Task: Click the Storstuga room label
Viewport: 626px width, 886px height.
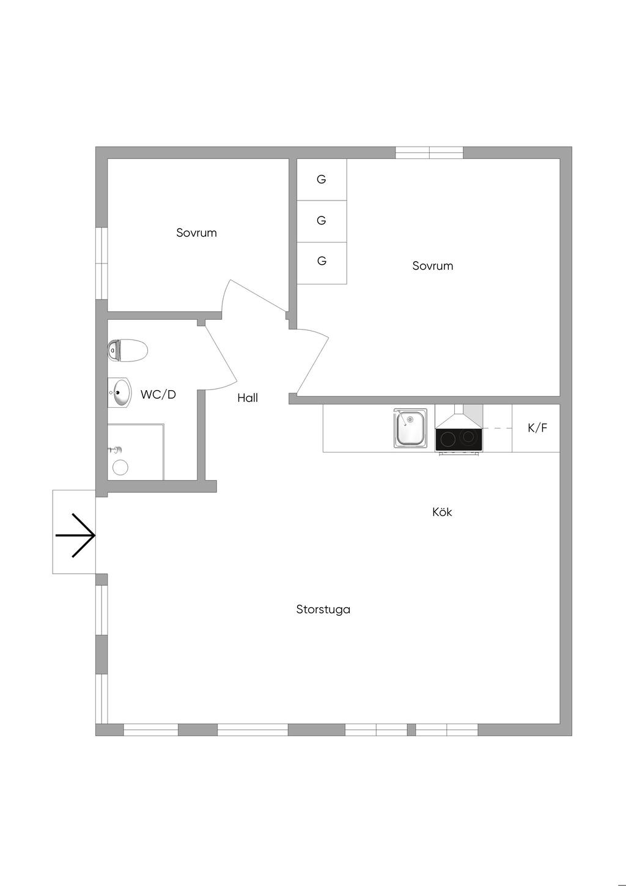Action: pyautogui.click(x=323, y=610)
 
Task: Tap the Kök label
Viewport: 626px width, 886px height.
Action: pyautogui.click(x=442, y=512)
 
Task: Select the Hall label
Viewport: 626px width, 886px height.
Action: pyautogui.click(x=248, y=398)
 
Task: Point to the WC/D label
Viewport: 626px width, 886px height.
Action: pyautogui.click(x=158, y=395)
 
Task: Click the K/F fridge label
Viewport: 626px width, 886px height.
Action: pyautogui.click(x=537, y=428)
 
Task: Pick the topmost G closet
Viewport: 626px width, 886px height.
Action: pyautogui.click(x=322, y=180)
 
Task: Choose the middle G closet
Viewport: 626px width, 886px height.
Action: pyautogui.click(x=322, y=221)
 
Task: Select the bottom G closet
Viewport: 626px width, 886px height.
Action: pyautogui.click(x=322, y=262)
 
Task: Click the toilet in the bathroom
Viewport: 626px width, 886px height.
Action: pyautogui.click(x=128, y=351)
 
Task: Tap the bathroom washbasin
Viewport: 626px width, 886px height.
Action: pyautogui.click(x=120, y=393)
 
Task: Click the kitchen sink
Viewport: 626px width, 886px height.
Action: pyautogui.click(x=411, y=428)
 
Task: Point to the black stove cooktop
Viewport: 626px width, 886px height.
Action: pyautogui.click(x=458, y=439)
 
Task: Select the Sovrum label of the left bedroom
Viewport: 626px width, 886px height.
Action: pyautogui.click(x=196, y=233)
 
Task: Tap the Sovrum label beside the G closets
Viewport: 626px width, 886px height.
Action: pyautogui.click(x=432, y=266)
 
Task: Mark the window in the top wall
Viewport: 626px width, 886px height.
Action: pyautogui.click(x=429, y=153)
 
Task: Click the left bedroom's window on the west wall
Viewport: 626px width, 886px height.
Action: pyautogui.click(x=102, y=264)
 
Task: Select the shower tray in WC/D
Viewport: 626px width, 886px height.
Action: pyautogui.click(x=135, y=452)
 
